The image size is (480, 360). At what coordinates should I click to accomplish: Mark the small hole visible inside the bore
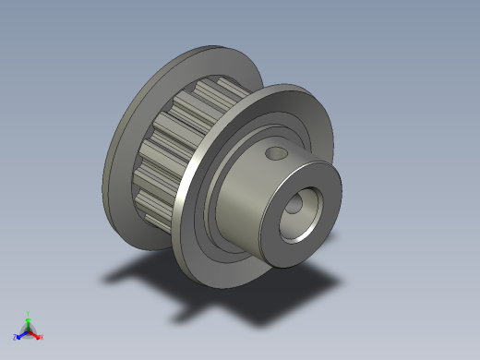point(293,207)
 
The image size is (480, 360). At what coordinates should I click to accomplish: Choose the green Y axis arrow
point(29,322)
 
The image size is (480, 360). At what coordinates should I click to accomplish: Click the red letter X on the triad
point(42,338)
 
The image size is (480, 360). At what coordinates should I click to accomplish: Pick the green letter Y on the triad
point(29,314)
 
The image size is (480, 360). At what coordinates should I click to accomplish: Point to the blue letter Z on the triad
point(15,338)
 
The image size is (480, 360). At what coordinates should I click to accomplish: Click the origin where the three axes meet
point(29,330)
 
